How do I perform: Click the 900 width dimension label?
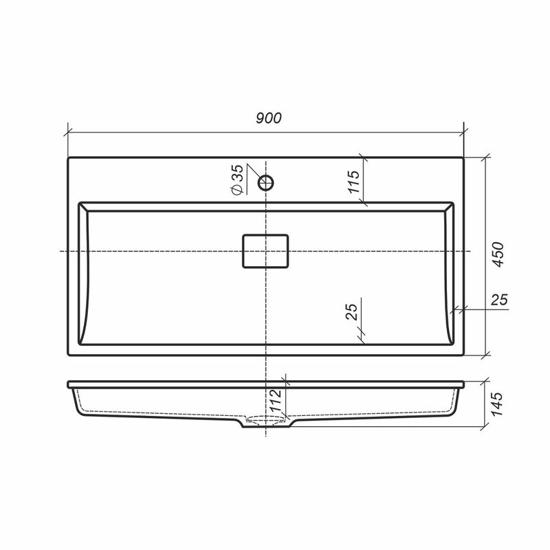pos(269,118)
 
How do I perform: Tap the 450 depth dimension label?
pos(498,254)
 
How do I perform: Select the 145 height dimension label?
pos(496,404)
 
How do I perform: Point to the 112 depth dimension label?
pos(276,400)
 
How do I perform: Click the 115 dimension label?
pos(354,181)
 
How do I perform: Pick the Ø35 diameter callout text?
pos(237,179)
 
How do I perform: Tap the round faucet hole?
pos(266,183)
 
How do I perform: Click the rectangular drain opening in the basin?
pos(265,251)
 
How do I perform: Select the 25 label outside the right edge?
pos(499,300)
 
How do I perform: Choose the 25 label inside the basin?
pos(352,311)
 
